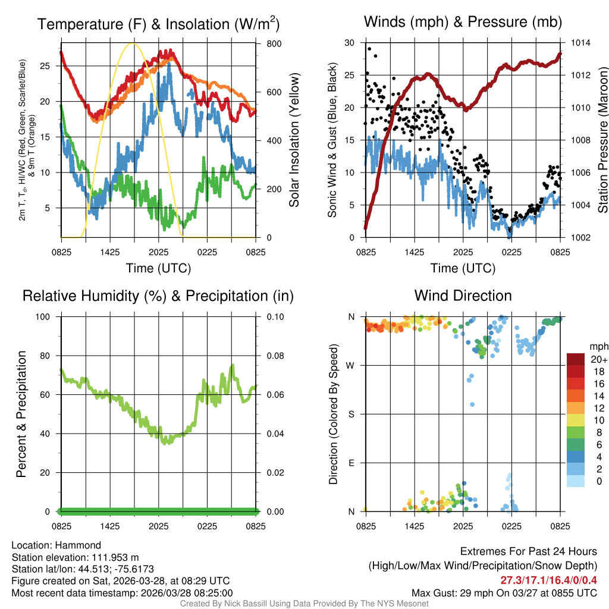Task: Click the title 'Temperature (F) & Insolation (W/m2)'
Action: [158, 24]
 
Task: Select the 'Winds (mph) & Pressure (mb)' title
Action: [463, 22]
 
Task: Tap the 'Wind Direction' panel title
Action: [463, 296]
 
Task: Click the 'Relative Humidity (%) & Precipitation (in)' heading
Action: [158, 296]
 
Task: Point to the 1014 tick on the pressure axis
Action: [579, 43]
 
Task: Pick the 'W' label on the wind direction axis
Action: [351, 365]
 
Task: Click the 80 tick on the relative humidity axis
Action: [49, 356]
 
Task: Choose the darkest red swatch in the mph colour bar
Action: [576, 359]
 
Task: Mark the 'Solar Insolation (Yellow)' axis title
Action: [294, 140]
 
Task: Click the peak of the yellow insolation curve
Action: [133, 43]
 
